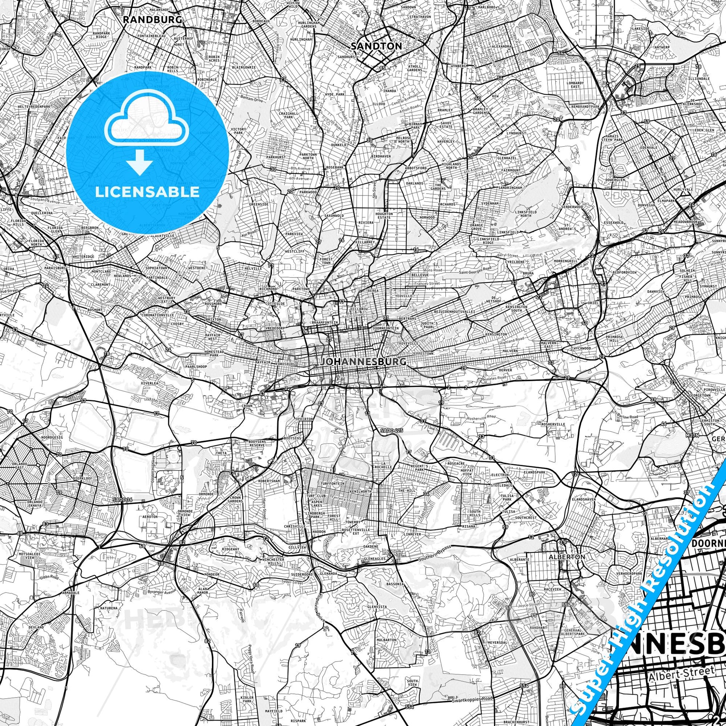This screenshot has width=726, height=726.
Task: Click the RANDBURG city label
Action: point(153,19)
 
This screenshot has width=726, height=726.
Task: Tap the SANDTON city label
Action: point(376,46)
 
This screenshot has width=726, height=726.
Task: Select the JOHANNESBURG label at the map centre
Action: point(363,362)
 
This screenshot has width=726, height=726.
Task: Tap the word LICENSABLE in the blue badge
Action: point(147,191)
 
